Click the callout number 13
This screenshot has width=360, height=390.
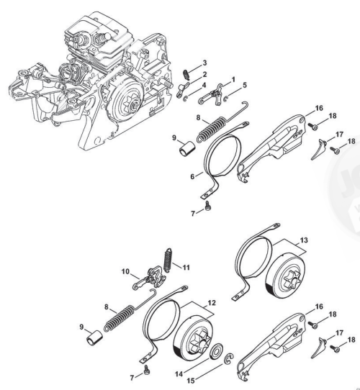(304, 240)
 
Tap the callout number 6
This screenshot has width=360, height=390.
(192, 176)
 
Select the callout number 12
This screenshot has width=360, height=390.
(212, 303)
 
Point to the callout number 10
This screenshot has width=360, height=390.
(125, 271)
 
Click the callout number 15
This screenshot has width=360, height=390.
(191, 381)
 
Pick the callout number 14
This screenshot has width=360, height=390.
(179, 374)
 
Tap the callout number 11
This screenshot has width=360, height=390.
(186, 268)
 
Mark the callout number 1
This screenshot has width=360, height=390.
(233, 80)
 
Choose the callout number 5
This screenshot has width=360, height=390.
(245, 85)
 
